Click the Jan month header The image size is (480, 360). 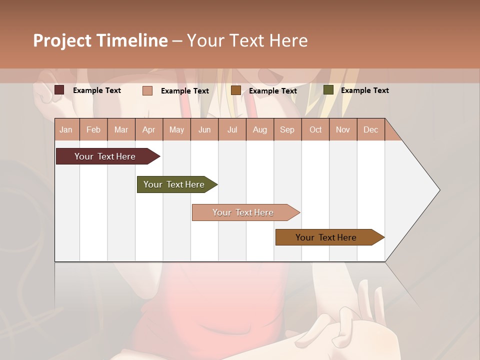[66, 130]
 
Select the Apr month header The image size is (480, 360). [148, 130]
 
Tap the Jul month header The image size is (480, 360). [232, 130]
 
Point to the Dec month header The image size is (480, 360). [370, 130]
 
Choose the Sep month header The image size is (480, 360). [287, 130]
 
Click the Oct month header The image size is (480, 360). [315, 130]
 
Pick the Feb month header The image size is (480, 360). [93, 130]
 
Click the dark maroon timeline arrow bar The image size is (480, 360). [105, 156]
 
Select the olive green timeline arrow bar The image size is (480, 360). [174, 184]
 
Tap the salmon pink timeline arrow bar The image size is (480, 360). [243, 212]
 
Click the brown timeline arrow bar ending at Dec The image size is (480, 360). [326, 237]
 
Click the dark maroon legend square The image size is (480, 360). [59, 90]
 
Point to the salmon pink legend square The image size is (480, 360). [147, 90]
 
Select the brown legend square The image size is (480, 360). [236, 90]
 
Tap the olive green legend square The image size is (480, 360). [328, 90]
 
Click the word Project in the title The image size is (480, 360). [62, 40]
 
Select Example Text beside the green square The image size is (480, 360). [364, 90]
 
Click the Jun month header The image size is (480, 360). [204, 130]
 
